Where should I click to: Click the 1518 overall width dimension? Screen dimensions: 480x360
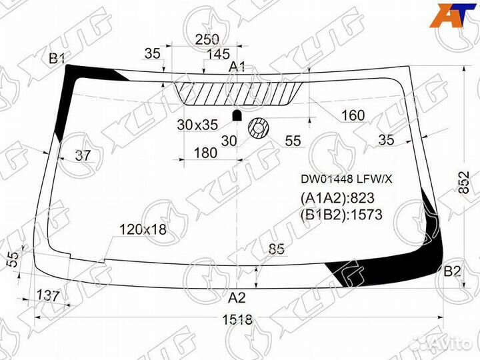tap(237, 320)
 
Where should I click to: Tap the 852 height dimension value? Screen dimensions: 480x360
tap(464, 182)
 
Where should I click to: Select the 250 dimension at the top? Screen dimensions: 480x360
tap(207, 39)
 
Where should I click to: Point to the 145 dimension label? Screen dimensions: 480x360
tap(218, 54)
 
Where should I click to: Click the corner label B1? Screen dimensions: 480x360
tap(57, 58)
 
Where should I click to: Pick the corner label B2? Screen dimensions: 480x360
tap(452, 271)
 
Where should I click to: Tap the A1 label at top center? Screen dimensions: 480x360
tap(237, 67)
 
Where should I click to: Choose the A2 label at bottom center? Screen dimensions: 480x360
tap(237, 297)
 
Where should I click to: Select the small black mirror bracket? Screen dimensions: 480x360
tap(237, 115)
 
